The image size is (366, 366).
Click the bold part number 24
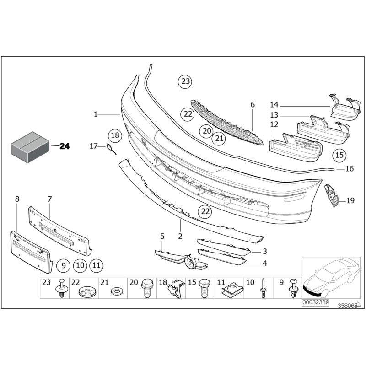pyautogui.click(x=65, y=146)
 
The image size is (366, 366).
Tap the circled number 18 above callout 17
pyautogui.click(x=115, y=135)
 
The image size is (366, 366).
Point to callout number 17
pyautogui.click(x=93, y=146)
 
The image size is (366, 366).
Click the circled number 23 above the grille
pyautogui.click(x=184, y=82)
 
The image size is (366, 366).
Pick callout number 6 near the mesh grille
pyautogui.click(x=253, y=105)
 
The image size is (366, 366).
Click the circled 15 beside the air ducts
pyautogui.click(x=339, y=156)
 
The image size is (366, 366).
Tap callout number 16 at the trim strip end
pyautogui.click(x=349, y=169)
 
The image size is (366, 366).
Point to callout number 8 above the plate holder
pyautogui.click(x=17, y=199)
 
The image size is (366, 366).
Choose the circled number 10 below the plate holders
pyautogui.click(x=80, y=264)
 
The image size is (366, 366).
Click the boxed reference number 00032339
pyautogui.click(x=315, y=302)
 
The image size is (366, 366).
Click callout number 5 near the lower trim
pyautogui.click(x=162, y=237)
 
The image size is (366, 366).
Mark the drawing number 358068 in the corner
pyautogui.click(x=347, y=306)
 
